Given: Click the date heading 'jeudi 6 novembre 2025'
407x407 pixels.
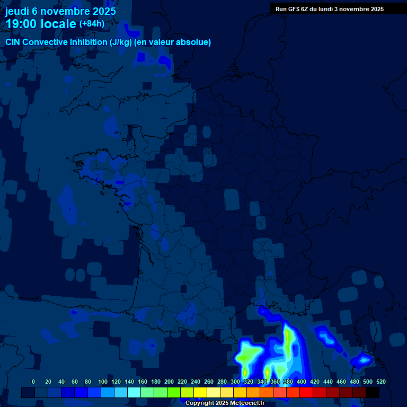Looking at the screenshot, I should point(60,11).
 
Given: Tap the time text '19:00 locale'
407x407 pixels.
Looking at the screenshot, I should point(41,24).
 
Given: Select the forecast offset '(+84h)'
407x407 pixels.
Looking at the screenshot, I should point(92,24).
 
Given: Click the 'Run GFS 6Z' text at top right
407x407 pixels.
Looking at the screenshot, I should point(292,9).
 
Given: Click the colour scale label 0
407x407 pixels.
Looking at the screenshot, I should point(33,382).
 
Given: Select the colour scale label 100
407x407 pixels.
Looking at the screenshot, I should point(103,382).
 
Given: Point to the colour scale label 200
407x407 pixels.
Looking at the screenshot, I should point(169,382).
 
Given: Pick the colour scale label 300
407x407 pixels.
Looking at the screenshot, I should point(235,382).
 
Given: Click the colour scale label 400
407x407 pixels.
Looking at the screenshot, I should point(302,382).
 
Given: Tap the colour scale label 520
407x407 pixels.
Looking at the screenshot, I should point(381,382).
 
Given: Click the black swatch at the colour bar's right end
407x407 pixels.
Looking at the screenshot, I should point(373,393).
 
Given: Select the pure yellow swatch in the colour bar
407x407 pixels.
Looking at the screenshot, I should point(200,393).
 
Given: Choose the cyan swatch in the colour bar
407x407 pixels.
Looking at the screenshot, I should point(134,393).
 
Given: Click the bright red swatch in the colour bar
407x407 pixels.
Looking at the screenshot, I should point(306,393).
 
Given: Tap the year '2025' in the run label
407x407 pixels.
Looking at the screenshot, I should point(377,9).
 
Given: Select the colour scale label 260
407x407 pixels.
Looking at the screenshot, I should point(209,382).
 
